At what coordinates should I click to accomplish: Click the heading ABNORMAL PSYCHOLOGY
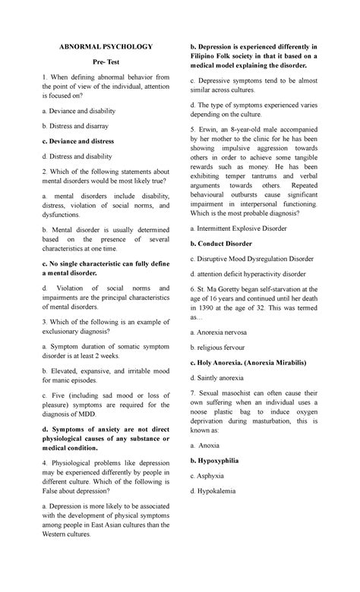coord(106,47)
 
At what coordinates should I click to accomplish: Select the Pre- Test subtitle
coord(106,65)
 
